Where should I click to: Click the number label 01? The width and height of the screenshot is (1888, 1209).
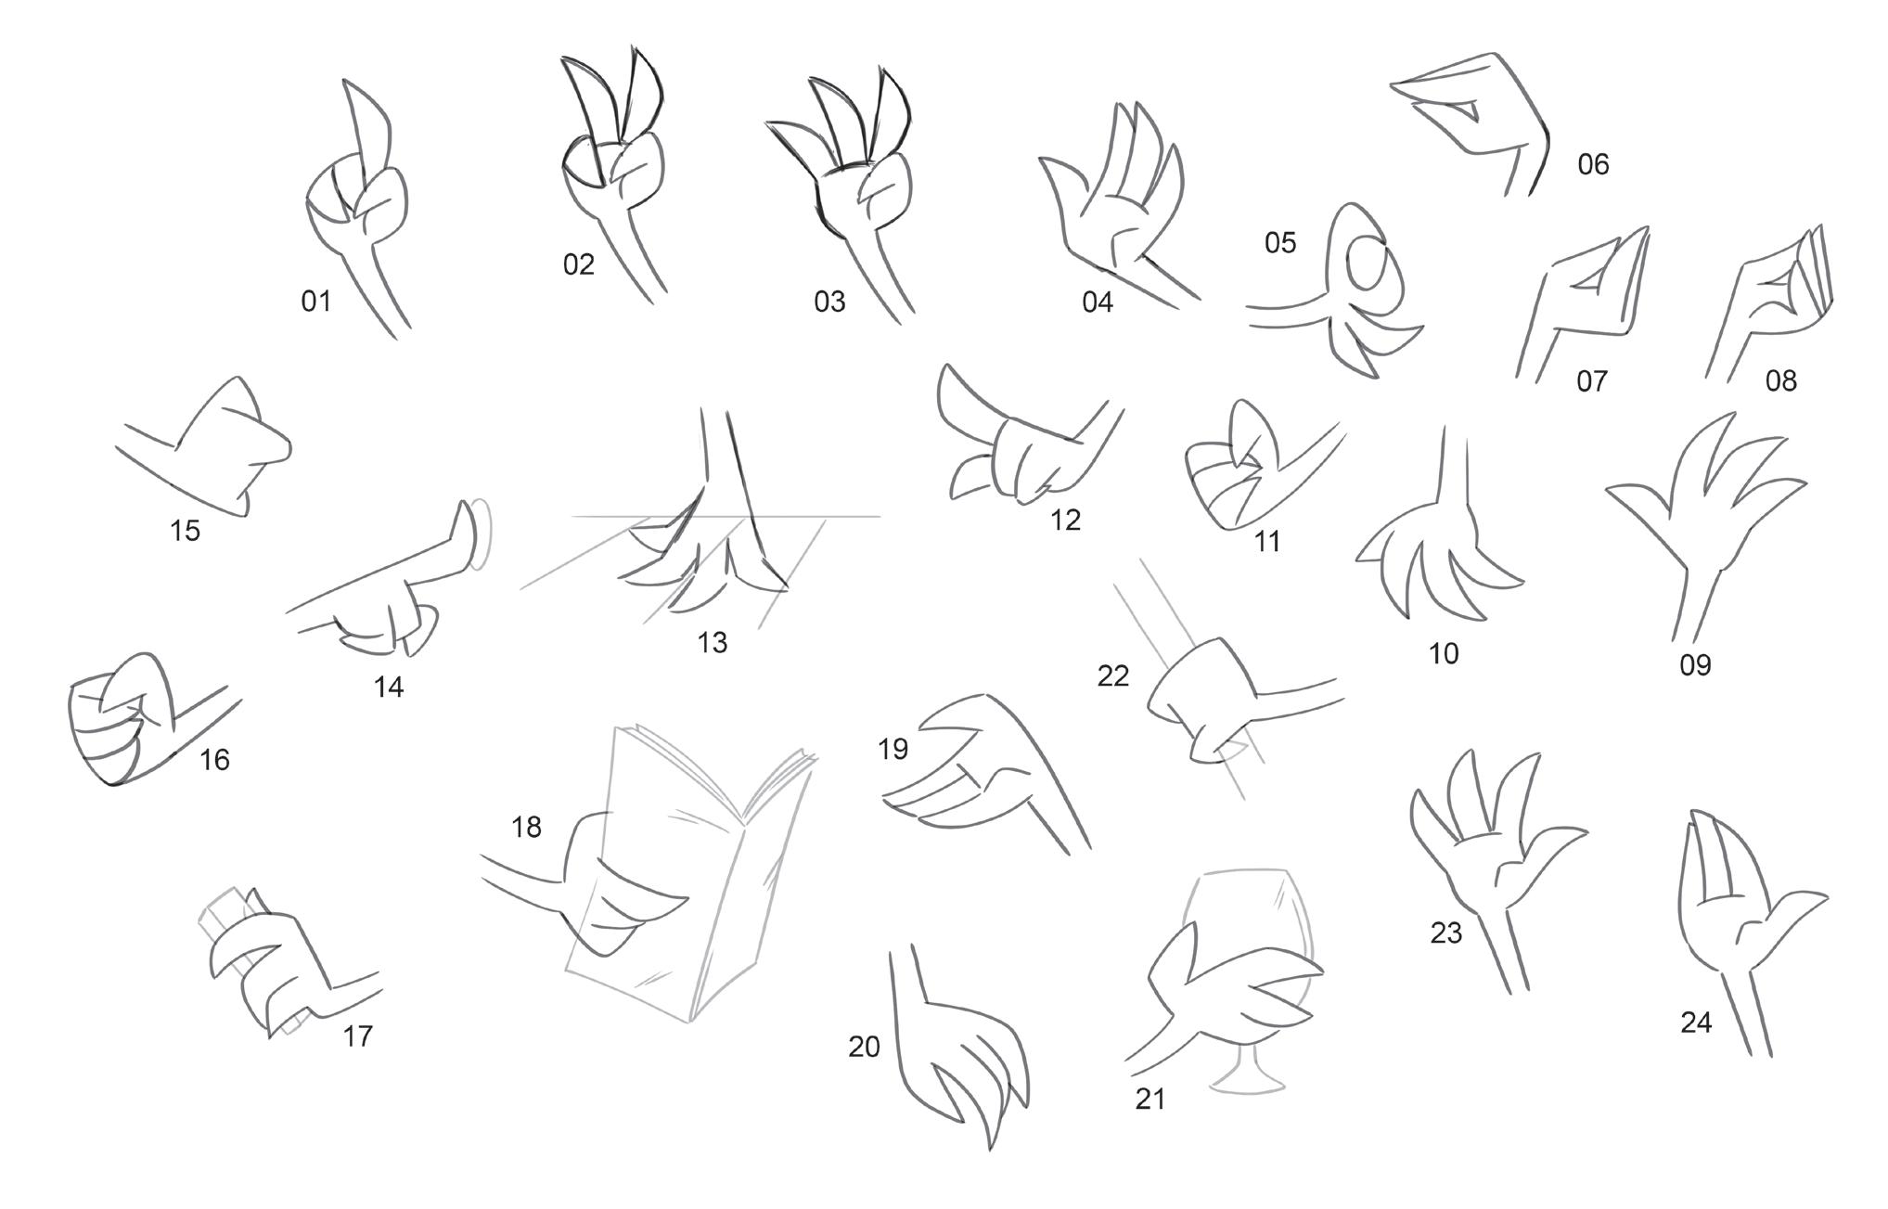pyautogui.click(x=316, y=301)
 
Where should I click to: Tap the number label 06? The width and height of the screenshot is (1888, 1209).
pyautogui.click(x=1593, y=164)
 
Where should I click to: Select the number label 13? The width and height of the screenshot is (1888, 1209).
pyautogui.click(x=713, y=642)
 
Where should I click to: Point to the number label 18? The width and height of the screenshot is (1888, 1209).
pyautogui.click(x=526, y=827)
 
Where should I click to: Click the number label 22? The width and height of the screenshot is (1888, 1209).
pyautogui.click(x=1113, y=676)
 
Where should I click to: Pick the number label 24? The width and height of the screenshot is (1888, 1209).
pyautogui.click(x=1696, y=1023)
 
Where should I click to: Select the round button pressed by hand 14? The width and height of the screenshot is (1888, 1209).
pyautogui.click(x=481, y=535)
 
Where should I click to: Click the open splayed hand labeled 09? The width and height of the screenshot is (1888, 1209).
pyautogui.click(x=1705, y=524)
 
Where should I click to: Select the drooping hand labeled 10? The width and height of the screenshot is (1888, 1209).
pyautogui.click(x=1438, y=538)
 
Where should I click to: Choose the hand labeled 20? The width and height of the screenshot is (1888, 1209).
pyautogui.click(x=956, y=1048)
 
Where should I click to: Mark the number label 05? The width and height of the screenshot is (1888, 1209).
pyautogui.click(x=1280, y=243)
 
